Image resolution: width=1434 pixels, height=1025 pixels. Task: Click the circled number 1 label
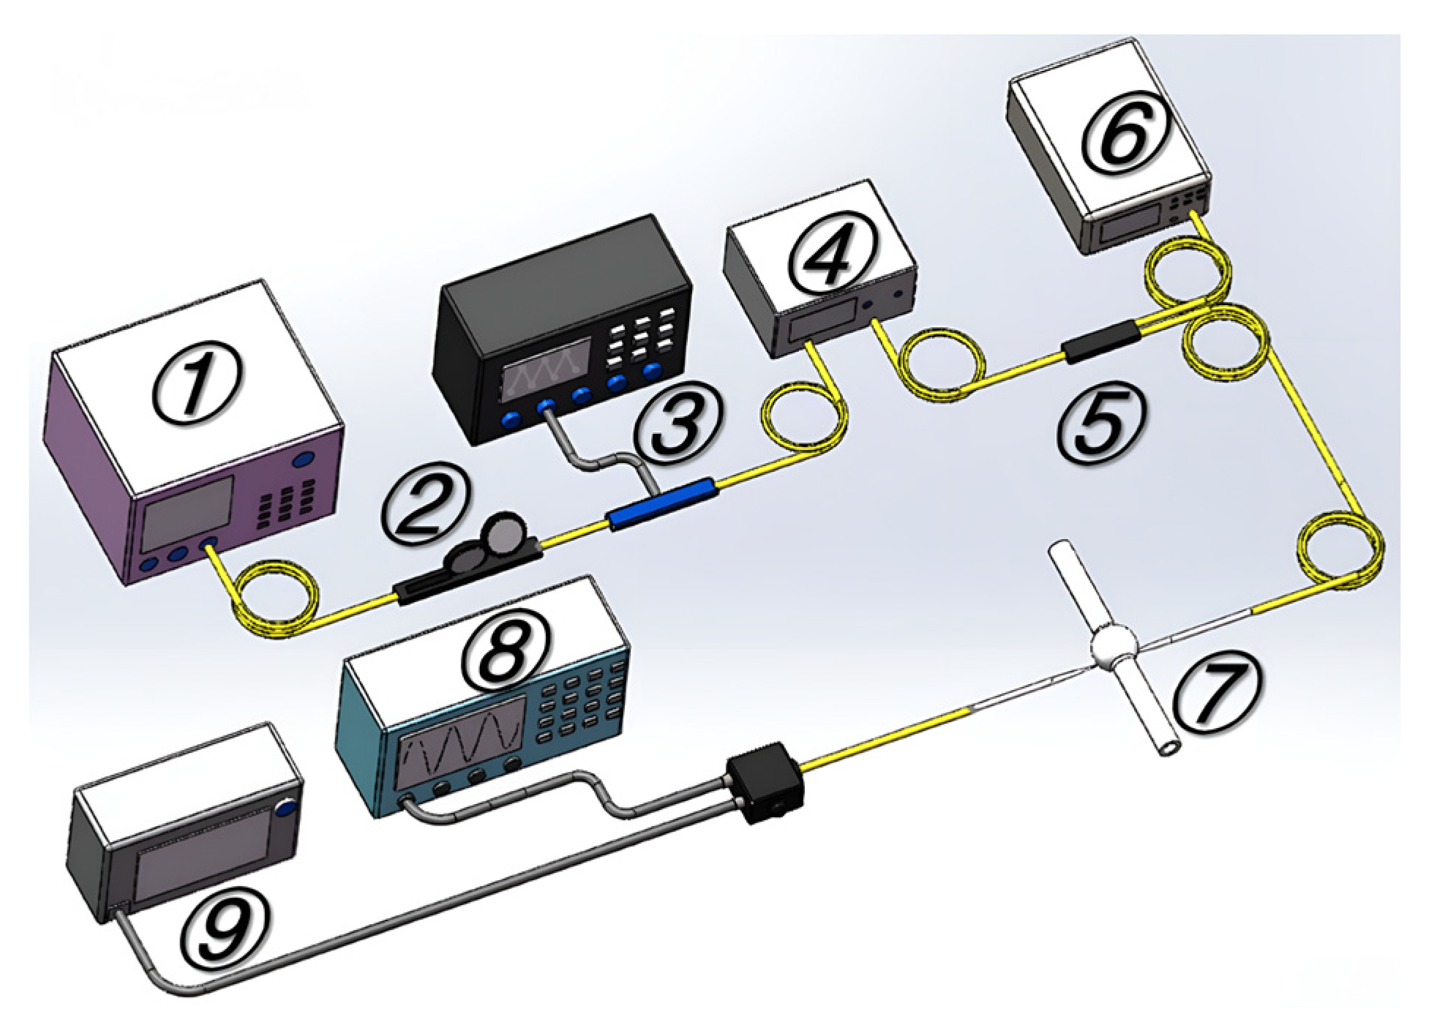coord(196,380)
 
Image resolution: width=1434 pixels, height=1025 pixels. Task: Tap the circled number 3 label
coord(677,425)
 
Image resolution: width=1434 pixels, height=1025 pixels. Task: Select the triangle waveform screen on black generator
coord(547,370)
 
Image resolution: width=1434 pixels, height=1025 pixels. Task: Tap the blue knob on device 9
coord(286,808)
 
